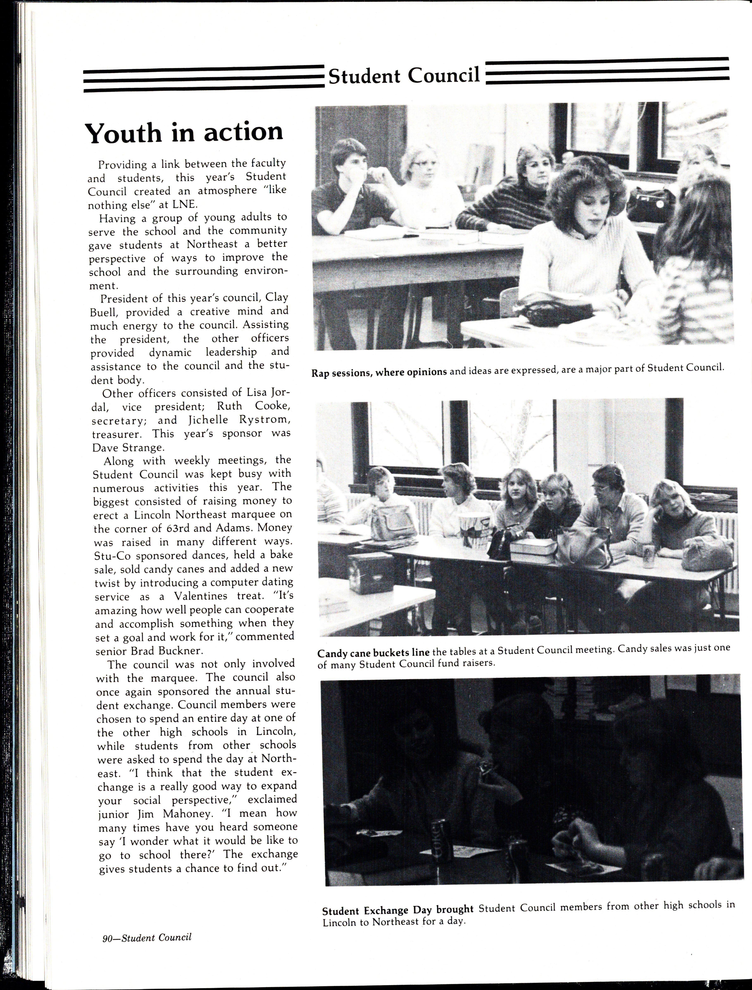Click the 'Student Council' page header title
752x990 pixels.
pos(404,76)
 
